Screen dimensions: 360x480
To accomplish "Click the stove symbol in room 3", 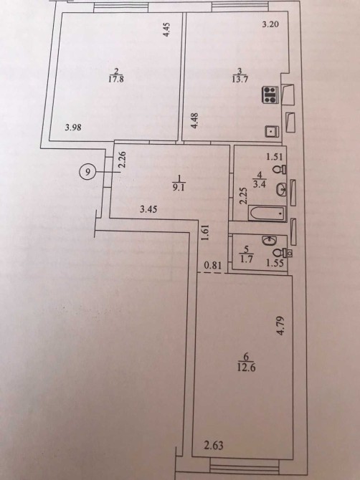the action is [x=270, y=95].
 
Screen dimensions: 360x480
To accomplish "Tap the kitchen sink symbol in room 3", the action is [x=272, y=131].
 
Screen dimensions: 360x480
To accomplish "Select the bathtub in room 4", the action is [x=267, y=213].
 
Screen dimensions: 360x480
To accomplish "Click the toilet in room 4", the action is [x=280, y=169].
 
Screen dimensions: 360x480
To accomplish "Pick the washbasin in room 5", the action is [x=270, y=240].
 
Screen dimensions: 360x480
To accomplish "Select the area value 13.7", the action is [x=240, y=80].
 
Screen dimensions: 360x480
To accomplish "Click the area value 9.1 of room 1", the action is [x=178, y=188].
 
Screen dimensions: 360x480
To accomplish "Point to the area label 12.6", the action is [x=246, y=367].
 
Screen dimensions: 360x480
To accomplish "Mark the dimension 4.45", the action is [x=166, y=30].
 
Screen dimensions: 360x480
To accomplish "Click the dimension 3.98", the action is [x=73, y=127].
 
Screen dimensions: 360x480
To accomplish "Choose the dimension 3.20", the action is [x=271, y=24].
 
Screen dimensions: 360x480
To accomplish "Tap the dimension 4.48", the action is [x=194, y=121].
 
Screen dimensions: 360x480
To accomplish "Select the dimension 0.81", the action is [x=213, y=265].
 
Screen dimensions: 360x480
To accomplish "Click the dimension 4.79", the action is [x=281, y=326].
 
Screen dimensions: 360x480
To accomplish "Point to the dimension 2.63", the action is [x=214, y=446].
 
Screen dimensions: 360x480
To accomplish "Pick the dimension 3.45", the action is [x=148, y=209].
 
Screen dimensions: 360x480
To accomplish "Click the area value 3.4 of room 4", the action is [x=260, y=184].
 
